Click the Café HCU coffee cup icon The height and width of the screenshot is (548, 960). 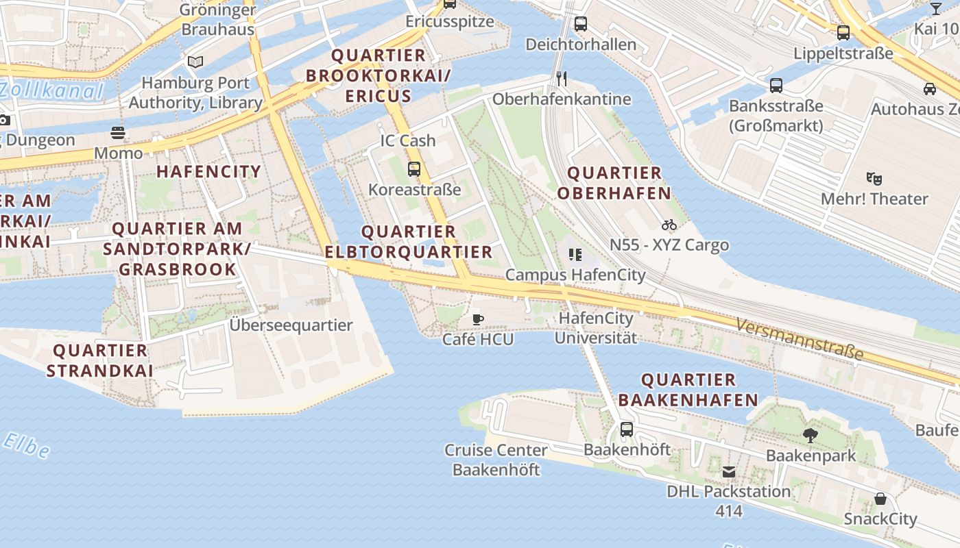click(478, 319)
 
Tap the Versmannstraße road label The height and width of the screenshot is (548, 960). click(799, 339)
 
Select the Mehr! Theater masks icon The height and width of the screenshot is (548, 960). click(874, 179)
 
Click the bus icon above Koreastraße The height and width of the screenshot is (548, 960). click(414, 169)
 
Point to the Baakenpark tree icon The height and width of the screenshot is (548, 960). click(811, 435)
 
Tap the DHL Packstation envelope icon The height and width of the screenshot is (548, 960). click(728, 471)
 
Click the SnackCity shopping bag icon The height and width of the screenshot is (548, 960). click(880, 499)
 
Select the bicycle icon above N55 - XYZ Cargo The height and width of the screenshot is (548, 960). click(669, 225)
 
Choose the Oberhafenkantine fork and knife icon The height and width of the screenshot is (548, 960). click(562, 78)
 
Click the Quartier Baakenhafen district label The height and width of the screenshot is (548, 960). click(688, 390)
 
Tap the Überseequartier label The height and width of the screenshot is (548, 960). click(291, 325)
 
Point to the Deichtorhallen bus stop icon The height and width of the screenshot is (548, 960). click(581, 24)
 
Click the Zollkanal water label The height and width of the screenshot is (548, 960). click(51, 90)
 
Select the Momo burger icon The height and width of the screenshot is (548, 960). click(119, 133)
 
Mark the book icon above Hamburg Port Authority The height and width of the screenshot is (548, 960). click(195, 62)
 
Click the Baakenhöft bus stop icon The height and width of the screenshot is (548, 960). click(627, 429)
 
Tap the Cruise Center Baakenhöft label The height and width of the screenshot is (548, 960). click(496, 460)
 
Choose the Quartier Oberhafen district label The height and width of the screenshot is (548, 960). click(614, 183)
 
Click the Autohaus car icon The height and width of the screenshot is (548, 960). click(930, 88)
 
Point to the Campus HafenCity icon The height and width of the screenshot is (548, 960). click(575, 255)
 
